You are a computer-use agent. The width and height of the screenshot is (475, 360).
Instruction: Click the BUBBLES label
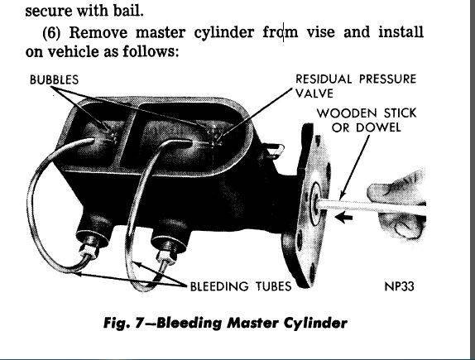[55, 80]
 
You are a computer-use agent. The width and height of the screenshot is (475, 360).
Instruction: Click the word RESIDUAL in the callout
[324, 79]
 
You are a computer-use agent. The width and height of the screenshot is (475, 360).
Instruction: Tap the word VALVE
[314, 94]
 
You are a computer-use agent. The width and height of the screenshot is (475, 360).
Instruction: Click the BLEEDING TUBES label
[241, 286]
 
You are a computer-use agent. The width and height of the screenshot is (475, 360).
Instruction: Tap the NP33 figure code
[399, 286]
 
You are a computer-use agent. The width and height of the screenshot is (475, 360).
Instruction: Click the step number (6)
[51, 32]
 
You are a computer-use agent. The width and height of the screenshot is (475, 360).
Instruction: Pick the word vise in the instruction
[320, 31]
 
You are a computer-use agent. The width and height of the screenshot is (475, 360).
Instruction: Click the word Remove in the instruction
[98, 32]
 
